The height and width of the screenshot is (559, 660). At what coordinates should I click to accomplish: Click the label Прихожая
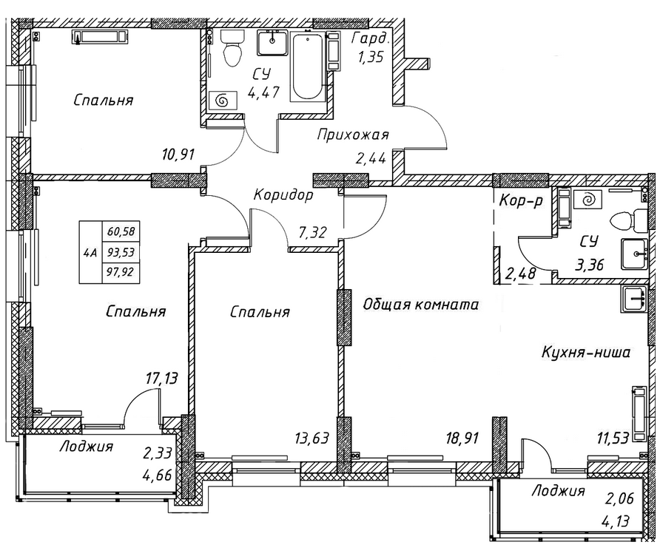353,135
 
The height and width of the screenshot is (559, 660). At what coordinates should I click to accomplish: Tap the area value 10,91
178,155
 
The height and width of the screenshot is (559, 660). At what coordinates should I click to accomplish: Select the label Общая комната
420,304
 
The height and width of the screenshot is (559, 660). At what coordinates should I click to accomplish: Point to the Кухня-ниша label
585,352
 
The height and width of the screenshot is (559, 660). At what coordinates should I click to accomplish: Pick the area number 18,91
462,438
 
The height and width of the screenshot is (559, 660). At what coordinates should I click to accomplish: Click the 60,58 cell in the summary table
121,231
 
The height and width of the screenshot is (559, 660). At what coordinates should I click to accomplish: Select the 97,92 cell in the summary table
121,271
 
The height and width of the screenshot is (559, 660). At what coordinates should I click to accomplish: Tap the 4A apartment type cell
90,252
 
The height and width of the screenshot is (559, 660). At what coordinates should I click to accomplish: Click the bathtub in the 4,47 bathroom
308,67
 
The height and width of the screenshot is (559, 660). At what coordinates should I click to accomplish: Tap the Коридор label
283,194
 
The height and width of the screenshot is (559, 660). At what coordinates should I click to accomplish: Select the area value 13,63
312,438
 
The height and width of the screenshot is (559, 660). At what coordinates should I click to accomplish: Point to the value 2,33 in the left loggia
158,453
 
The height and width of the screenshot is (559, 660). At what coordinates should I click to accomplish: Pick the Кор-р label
521,201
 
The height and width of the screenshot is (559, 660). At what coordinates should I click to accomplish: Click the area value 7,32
312,231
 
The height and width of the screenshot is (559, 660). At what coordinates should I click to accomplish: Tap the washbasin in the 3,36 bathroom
635,254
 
